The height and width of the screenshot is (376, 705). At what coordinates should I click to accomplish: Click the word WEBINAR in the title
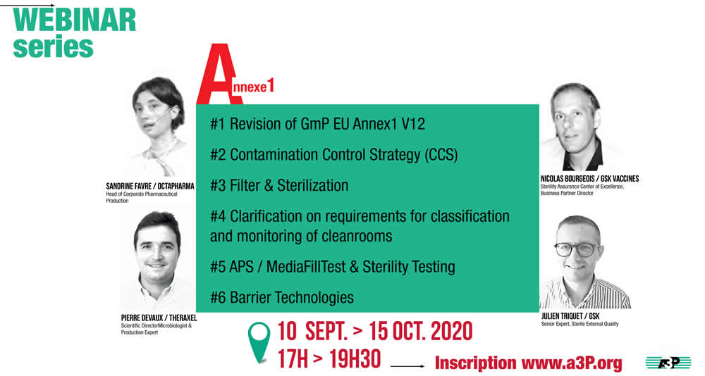[x=75, y=20]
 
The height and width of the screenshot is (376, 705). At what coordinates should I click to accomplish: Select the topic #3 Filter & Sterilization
[x=279, y=185]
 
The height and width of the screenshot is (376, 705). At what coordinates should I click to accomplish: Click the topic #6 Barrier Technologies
[x=282, y=297]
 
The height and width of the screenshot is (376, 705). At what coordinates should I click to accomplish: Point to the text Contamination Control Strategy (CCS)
[x=344, y=155]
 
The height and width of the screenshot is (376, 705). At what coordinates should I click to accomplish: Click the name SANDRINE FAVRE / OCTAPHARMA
[x=150, y=186]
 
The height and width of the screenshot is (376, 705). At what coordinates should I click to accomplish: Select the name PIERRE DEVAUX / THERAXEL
[x=159, y=318]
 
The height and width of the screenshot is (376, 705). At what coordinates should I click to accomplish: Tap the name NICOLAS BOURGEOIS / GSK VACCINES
[x=589, y=179]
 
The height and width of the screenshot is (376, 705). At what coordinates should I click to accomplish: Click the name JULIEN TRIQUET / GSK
[x=570, y=316]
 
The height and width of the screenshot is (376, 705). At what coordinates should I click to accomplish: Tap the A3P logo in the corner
[x=668, y=362]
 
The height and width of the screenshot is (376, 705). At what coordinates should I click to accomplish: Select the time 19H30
[x=355, y=359]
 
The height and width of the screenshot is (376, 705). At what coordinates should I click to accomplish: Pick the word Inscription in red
[x=476, y=363]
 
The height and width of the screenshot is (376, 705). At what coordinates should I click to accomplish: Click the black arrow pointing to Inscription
[x=407, y=366]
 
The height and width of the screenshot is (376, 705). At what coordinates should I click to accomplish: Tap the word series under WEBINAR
[x=53, y=47]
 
